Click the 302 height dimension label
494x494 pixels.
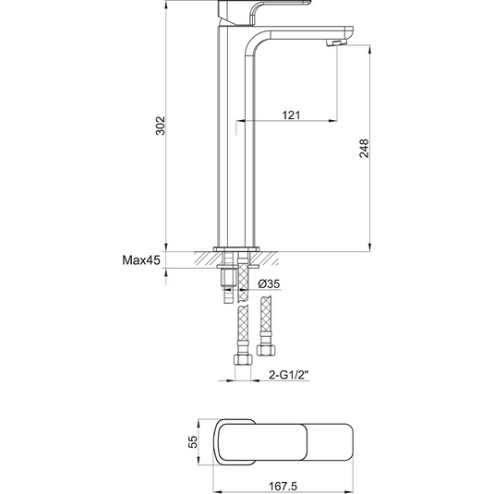[161, 126]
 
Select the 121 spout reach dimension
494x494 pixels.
[291, 115]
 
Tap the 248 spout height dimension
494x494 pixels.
[364, 148]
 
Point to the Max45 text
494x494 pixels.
[141, 260]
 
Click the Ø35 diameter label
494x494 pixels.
[269, 283]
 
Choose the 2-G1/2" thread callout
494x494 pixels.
[288, 375]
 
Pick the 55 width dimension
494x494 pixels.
[192, 441]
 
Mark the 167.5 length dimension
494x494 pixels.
[283, 486]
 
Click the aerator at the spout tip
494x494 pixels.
[336, 42]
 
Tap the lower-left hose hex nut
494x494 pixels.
[243, 359]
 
